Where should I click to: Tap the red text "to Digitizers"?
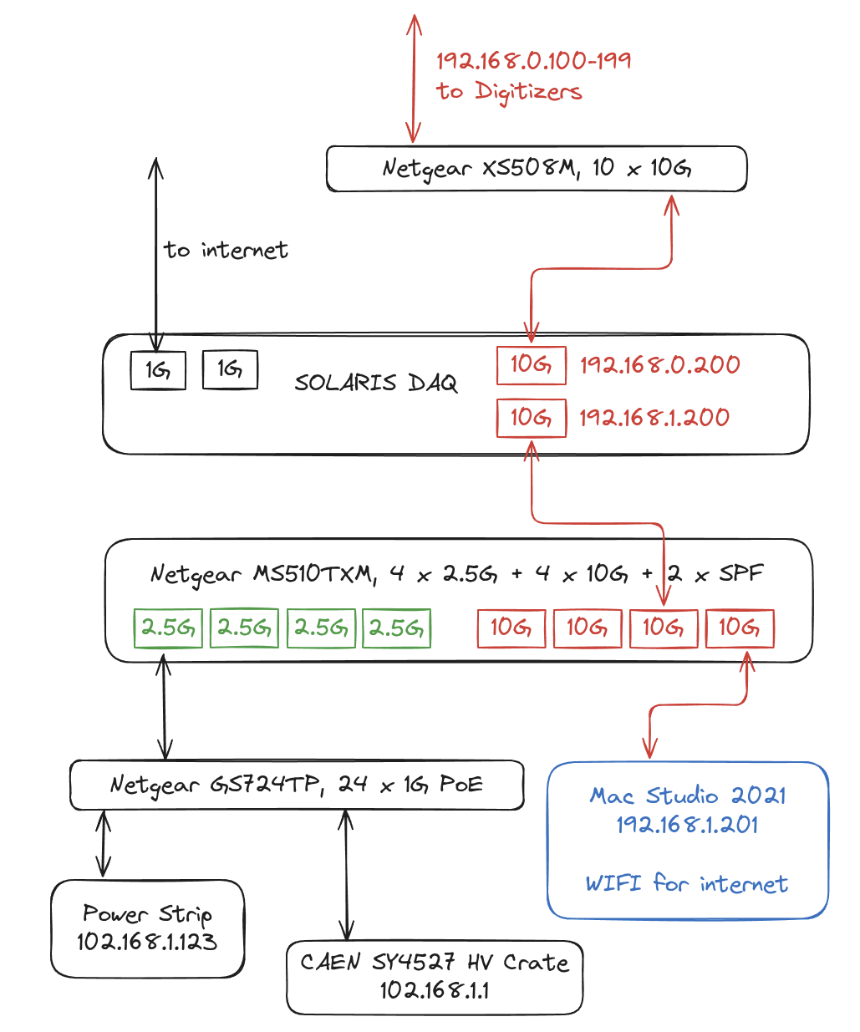(509, 91)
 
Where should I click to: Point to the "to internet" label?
(226, 250)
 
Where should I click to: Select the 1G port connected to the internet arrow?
(158, 370)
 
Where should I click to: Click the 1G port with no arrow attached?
(230, 369)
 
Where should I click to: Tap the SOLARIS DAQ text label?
(376, 383)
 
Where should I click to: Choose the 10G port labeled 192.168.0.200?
(532, 365)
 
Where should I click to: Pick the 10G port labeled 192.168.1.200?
(532, 418)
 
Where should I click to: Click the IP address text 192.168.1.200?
(654, 418)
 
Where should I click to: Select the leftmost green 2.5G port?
(168, 628)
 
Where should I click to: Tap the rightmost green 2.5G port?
(396, 628)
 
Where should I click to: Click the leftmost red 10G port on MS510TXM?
(511, 628)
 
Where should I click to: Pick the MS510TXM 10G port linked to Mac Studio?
(740, 628)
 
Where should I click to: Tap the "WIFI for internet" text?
(686, 884)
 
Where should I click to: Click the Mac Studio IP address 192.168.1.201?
(687, 825)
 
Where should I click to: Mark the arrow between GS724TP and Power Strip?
(103, 844)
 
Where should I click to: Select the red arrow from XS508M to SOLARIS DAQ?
(601, 268)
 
